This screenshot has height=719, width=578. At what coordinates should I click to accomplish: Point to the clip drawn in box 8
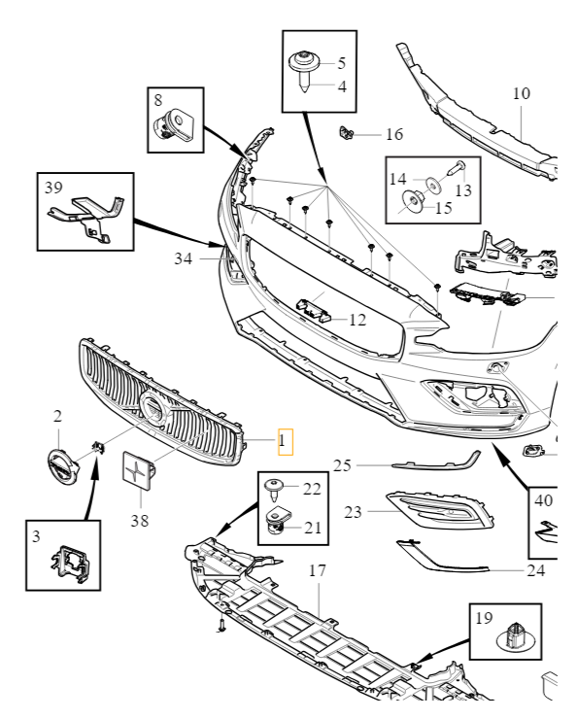point(174,124)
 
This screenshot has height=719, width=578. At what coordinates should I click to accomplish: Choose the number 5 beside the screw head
point(341,64)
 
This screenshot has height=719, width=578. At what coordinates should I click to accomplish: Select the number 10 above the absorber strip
point(522,94)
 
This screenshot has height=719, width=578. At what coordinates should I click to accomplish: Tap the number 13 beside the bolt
point(462,189)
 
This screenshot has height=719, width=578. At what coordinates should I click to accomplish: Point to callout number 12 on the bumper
point(357,319)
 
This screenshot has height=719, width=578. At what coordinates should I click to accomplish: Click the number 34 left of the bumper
point(185,259)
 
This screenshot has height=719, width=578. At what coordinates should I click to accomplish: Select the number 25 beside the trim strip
point(341,465)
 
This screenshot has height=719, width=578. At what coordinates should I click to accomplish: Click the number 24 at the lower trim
point(535,570)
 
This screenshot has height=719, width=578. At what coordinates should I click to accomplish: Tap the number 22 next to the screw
point(311,488)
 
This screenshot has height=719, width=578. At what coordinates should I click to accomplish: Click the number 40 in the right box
point(544,502)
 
